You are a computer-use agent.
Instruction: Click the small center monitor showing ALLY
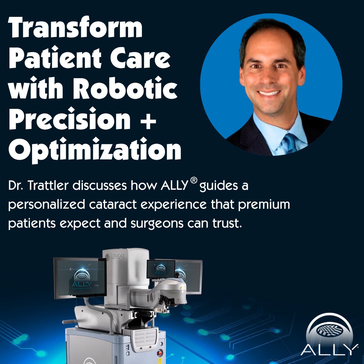click(x=161, y=269)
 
